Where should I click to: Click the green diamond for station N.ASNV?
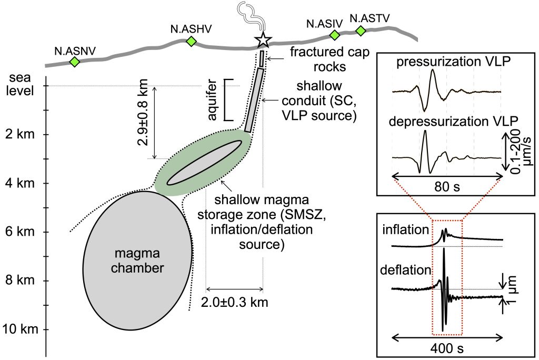[74, 62]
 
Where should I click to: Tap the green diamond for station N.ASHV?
[192, 41]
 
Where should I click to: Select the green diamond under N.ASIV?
[334, 35]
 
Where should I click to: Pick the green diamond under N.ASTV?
[361, 31]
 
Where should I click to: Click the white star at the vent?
[263, 40]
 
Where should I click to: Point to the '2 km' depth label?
[18, 134]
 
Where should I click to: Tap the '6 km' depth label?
[18, 232]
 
